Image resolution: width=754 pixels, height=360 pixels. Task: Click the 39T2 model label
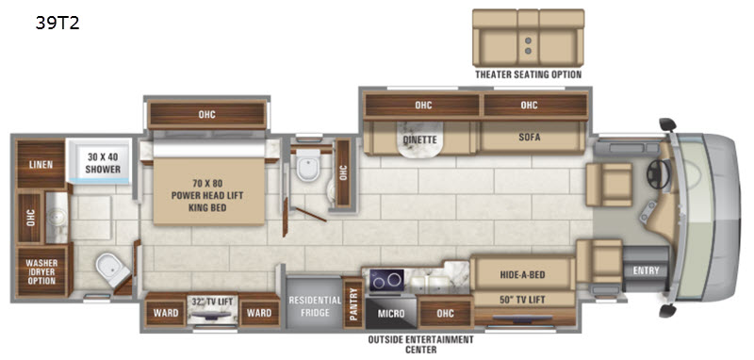[x=57, y=24]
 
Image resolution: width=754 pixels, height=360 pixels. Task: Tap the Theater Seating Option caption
[x=528, y=74]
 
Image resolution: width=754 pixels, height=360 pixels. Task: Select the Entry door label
[x=646, y=270]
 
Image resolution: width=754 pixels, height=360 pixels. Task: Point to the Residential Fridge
[x=315, y=305]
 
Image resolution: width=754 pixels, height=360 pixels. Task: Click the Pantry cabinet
[x=353, y=303]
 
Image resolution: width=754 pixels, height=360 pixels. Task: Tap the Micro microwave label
[x=391, y=314]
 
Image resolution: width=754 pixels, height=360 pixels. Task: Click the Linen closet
[x=41, y=164]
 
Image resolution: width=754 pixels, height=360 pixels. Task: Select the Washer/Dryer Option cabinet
[x=41, y=271]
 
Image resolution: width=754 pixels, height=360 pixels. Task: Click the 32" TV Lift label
[x=212, y=302]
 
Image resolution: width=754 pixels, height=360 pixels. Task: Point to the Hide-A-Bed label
[x=522, y=274]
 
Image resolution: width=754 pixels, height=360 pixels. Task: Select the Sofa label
[x=530, y=138]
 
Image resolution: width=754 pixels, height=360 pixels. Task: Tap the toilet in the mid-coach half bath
[x=308, y=164]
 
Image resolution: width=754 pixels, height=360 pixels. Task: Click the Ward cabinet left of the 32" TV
[x=166, y=312]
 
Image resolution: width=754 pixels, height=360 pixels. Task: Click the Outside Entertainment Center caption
[x=420, y=344]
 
